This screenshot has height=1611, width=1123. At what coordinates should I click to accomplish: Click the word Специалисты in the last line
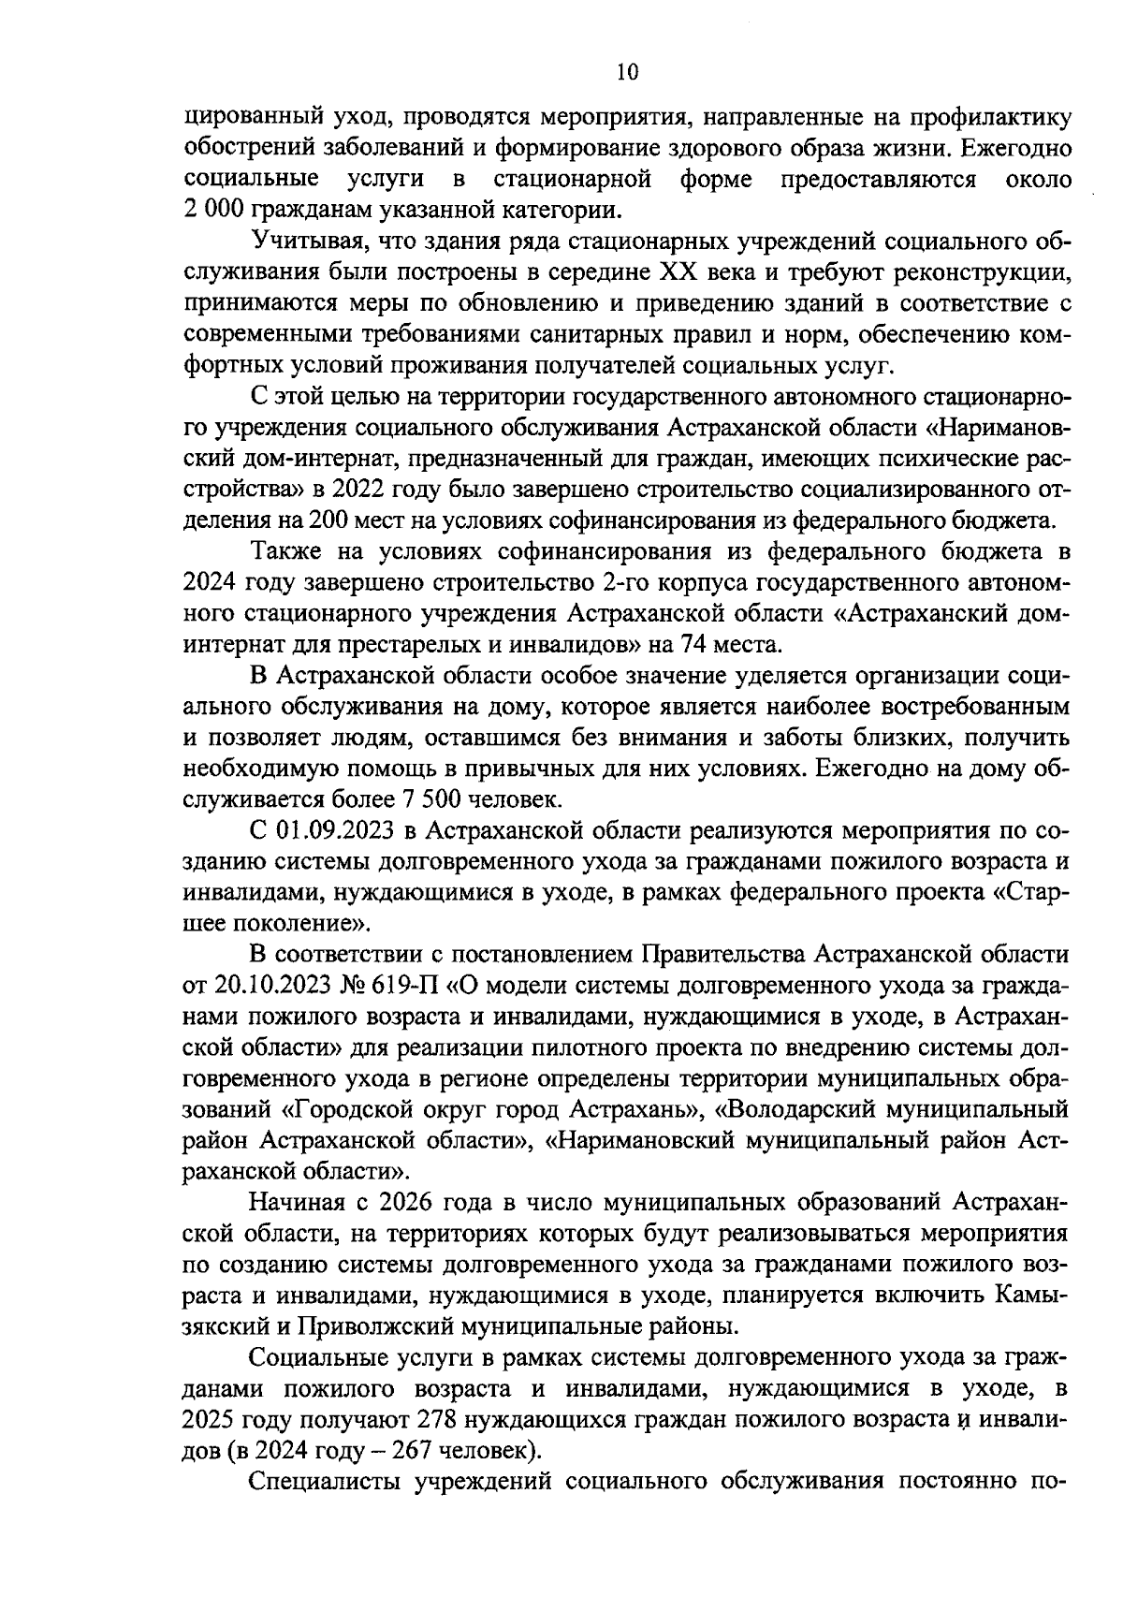(324, 1480)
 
